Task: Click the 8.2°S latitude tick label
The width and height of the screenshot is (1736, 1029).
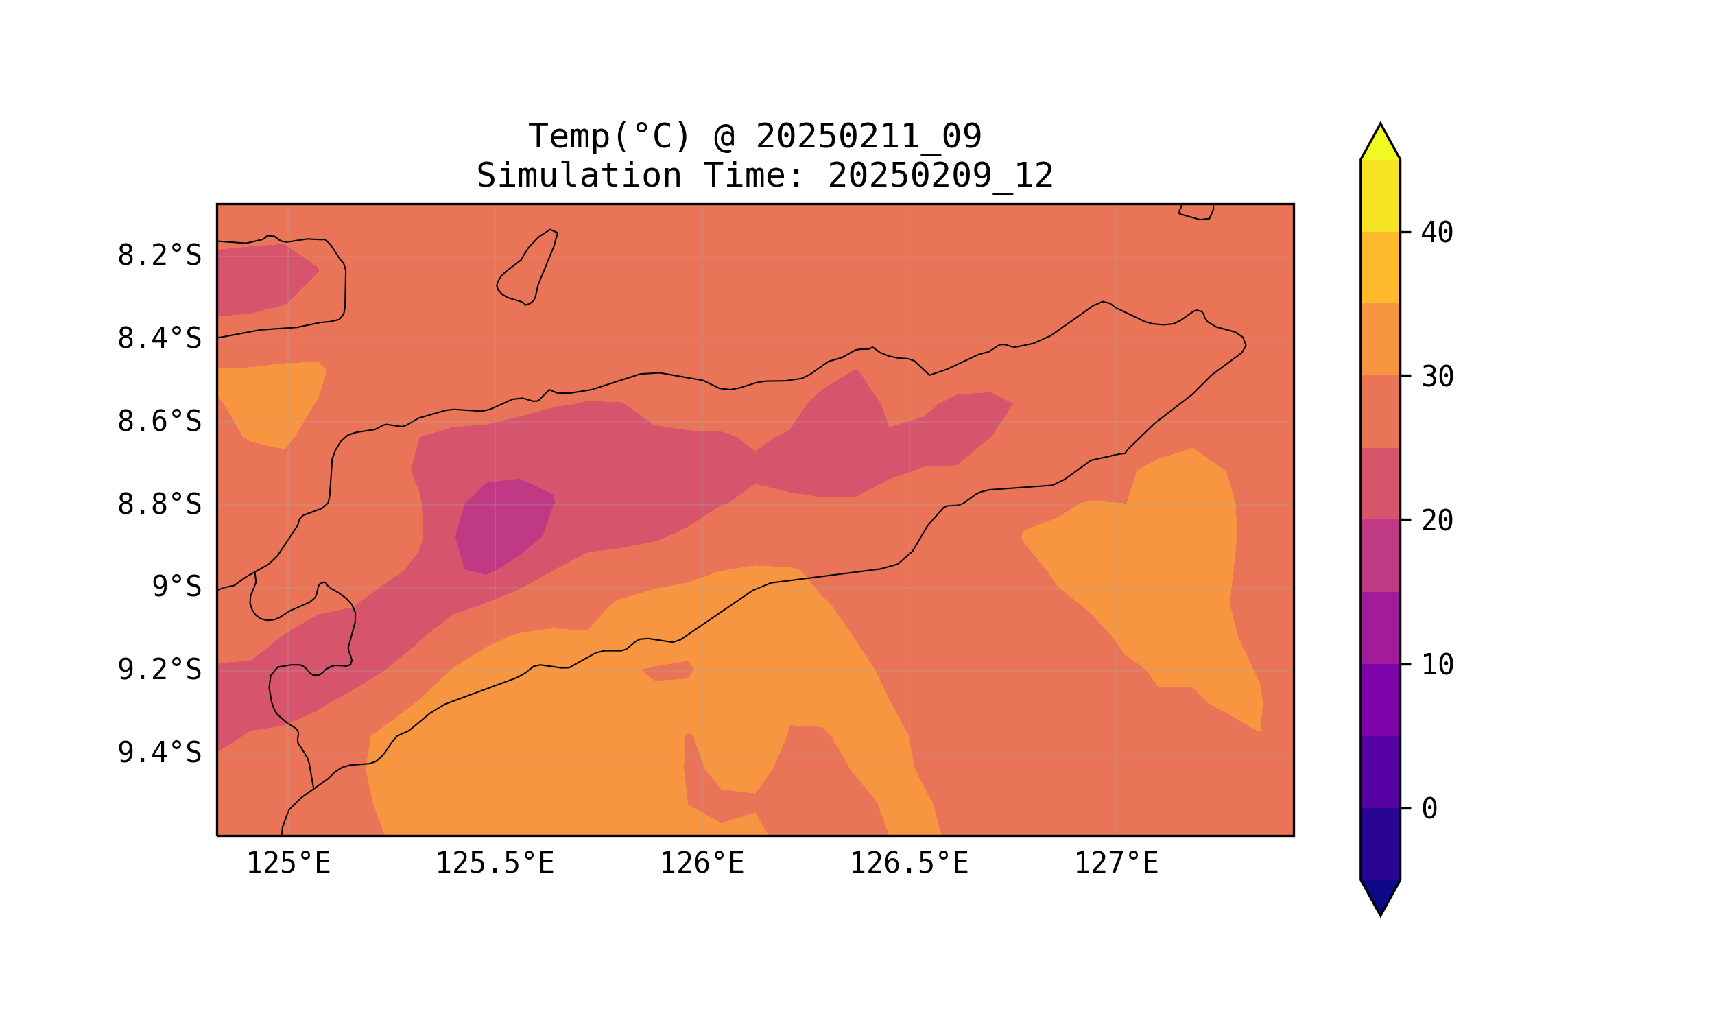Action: click(x=158, y=256)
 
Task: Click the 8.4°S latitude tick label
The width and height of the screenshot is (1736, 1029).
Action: click(x=158, y=339)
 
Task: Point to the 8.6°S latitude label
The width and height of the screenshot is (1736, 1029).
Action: click(x=158, y=422)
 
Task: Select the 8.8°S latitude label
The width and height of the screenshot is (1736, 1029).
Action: click(x=158, y=505)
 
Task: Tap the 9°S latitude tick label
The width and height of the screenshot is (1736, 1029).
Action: click(x=176, y=587)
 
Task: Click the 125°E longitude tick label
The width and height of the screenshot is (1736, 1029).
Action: click(x=288, y=864)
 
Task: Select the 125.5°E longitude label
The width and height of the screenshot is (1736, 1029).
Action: click(x=495, y=864)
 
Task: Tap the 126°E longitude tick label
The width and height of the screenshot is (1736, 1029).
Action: click(x=702, y=864)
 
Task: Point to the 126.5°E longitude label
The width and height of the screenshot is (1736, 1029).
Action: click(x=909, y=864)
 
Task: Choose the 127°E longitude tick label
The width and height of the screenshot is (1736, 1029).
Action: click(x=1115, y=864)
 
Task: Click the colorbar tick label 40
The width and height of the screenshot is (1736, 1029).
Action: click(x=1437, y=233)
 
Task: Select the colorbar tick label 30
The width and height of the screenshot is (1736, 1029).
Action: click(x=1437, y=377)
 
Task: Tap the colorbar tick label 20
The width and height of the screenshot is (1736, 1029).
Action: click(x=1437, y=521)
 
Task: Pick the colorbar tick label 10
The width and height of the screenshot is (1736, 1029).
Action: click(x=1437, y=665)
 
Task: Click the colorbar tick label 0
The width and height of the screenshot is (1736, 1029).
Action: click(x=1429, y=809)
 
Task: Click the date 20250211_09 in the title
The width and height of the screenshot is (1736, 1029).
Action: click(x=868, y=137)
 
